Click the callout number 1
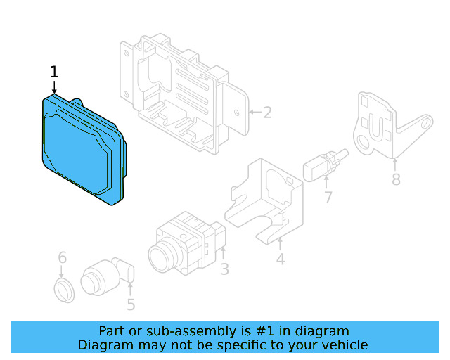[x=54, y=72]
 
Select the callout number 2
[x=267, y=112]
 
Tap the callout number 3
[x=224, y=269]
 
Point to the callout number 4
[x=280, y=259]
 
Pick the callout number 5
[x=131, y=304]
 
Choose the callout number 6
[x=62, y=257]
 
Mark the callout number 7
[x=328, y=198]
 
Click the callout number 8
[x=396, y=180]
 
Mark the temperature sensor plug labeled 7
[x=321, y=165]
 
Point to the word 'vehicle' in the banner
[x=345, y=345]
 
